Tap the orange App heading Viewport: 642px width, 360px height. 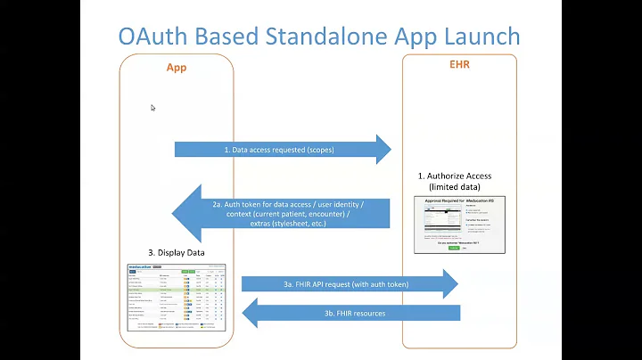pyautogui.click(x=177, y=67)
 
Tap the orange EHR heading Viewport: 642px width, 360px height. pyautogui.click(x=458, y=65)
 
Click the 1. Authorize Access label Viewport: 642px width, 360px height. pyautogui.click(x=454, y=176)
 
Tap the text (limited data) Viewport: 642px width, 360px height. pyautogui.click(x=454, y=187)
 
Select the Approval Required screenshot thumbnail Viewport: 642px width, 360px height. pyautogui.click(x=460, y=224)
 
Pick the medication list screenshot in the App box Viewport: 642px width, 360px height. pyautogui.click(x=176, y=298)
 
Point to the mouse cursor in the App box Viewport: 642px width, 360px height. pyautogui.click(x=152, y=108)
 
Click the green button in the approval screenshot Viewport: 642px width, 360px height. pyautogui.click(x=454, y=248)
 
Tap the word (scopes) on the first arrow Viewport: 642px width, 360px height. pyautogui.click(x=317, y=150)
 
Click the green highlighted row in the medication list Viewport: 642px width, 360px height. pyautogui.click(x=176, y=290)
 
